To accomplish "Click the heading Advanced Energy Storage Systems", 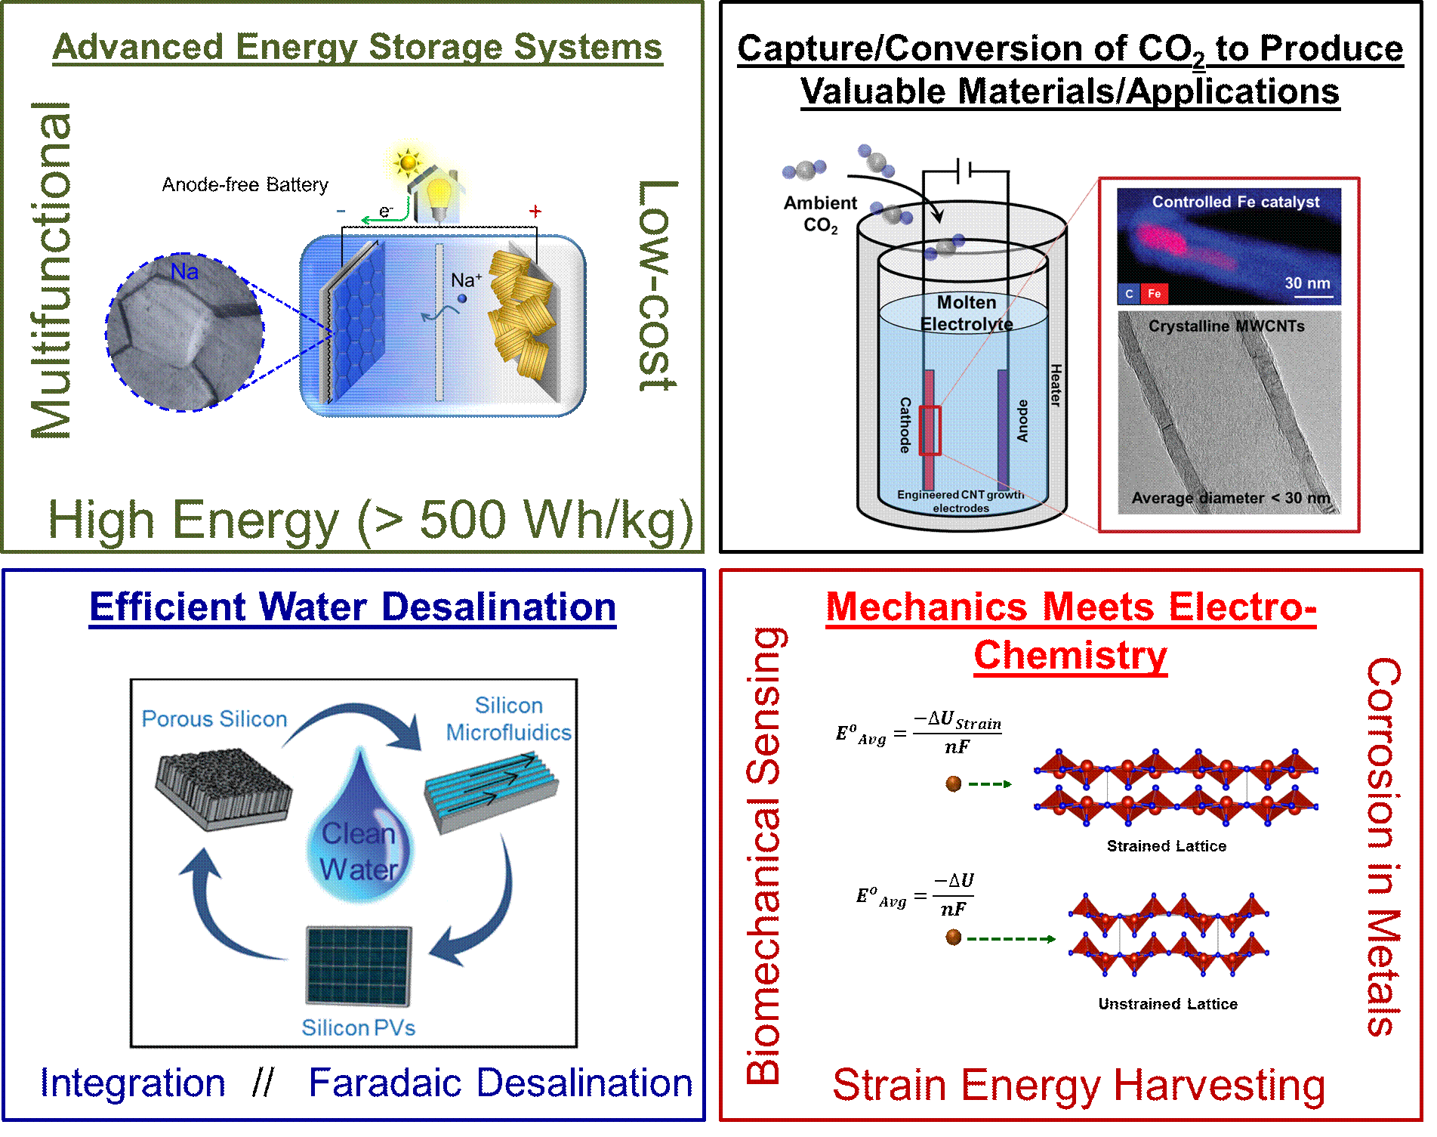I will coord(357,47).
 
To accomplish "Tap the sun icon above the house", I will coord(409,161).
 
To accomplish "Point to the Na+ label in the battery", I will coord(466,280).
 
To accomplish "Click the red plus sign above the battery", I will coord(535,212).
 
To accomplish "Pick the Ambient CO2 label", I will coord(820,214).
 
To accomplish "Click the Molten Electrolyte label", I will coord(967,313).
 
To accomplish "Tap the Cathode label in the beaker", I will coord(905,425).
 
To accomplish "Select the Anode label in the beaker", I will coord(1022,421).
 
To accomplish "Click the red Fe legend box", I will coord(1154,294).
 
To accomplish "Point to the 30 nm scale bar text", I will coord(1307,283).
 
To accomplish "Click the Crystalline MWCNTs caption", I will coord(1226,326).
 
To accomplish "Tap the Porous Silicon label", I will coord(214,718).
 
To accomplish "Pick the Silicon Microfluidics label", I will coord(508,718).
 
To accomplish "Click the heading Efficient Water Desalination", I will coord(353,607).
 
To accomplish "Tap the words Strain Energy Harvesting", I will coord(1078,1085).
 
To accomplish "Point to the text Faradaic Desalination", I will coord(500,1083).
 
